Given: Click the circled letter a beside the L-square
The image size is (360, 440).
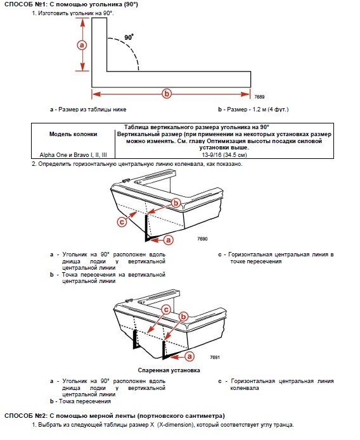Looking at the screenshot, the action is tap(82, 45).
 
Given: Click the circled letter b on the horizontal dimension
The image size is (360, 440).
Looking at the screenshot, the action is tap(167, 94).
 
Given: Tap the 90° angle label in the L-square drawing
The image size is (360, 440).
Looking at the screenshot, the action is tap(129, 37).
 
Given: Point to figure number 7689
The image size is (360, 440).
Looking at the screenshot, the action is tap(259, 97).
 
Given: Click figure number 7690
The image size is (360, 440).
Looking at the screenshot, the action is tap(202, 239).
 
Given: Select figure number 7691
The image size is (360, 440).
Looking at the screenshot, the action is tap(215, 357).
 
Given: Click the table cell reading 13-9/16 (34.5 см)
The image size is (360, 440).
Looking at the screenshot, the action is tap(224, 155).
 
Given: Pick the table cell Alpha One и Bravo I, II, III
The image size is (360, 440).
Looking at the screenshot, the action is tap(73, 155).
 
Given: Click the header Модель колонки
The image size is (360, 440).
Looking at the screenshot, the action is tap(73, 134).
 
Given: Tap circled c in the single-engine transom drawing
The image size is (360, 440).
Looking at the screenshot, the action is tap(122, 222).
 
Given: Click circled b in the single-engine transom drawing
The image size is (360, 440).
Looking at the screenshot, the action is tap(176, 203).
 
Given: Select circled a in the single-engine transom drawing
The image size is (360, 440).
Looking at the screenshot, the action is tap(169, 240).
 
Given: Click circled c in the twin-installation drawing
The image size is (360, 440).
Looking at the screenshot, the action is tap(166, 310).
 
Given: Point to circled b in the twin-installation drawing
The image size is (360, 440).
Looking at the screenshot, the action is tap(183, 317).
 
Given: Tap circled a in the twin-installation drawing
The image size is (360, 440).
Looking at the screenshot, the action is tap(190, 356).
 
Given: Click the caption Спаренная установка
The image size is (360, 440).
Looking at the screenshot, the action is tap(169, 370).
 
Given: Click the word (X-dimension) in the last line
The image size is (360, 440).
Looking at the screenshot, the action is tap(176, 425).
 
